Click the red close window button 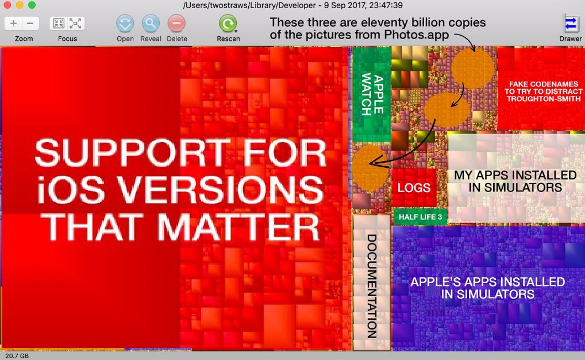point(7,5)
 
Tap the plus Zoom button point(13,24)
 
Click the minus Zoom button point(30,24)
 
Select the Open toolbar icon point(125,24)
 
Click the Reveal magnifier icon point(151,24)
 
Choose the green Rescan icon point(228,24)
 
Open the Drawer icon point(571,24)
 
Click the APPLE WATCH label point(372,94)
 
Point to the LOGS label point(414,187)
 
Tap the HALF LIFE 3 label point(420,217)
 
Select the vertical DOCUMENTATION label point(372,286)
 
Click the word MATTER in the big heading point(238,227)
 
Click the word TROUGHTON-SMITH point(544,99)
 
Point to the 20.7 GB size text point(17,356)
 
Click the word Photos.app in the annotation point(417,35)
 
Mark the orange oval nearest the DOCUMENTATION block point(370,168)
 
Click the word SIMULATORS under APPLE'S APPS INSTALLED point(488,294)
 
